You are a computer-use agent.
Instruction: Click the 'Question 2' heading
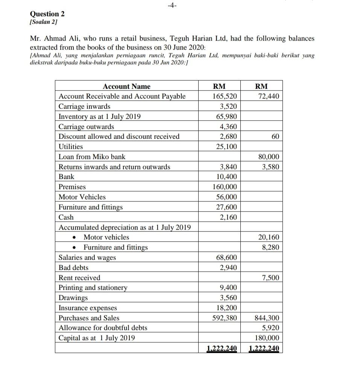tap(47, 14)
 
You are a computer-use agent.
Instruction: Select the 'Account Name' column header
tap(126, 86)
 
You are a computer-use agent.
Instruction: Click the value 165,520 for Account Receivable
tap(225, 97)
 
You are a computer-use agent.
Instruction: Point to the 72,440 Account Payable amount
tap(269, 97)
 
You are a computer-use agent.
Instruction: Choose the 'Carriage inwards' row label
tap(85, 106)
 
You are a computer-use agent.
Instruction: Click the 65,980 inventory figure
tap(226, 117)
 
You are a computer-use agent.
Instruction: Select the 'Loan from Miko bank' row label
tap(92, 157)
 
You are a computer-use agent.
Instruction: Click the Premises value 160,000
tap(225, 187)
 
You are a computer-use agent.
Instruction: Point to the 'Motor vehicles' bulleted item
tap(106, 237)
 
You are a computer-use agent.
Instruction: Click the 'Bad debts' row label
tap(74, 268)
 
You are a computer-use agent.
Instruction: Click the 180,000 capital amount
tap(267, 338)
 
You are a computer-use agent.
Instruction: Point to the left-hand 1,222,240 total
tap(222, 348)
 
